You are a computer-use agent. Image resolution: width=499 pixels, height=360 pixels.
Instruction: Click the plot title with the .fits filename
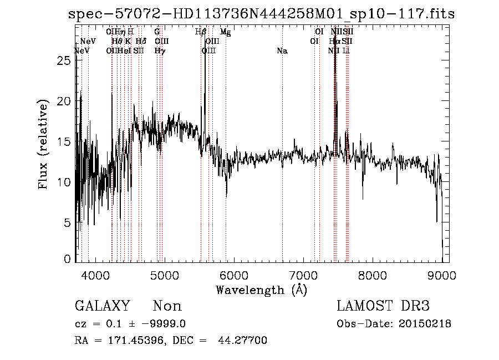[261, 14]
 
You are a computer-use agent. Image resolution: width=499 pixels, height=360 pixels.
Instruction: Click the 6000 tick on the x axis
[233, 275]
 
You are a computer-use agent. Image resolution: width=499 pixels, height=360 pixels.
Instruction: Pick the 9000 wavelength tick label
[441, 275]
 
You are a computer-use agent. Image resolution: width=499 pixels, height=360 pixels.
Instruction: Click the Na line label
[282, 51]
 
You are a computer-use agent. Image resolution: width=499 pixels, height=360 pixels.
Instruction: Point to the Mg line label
[225, 32]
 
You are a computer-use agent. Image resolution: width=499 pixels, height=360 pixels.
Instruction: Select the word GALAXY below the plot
[103, 306]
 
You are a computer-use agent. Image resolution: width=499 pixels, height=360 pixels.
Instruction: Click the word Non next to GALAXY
[167, 306]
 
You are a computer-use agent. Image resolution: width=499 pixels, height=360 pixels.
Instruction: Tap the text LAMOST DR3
[383, 306]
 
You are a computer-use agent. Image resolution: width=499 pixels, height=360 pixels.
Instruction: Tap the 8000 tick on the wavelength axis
[372, 275]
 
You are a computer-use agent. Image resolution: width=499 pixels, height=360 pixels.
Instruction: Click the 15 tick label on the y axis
[65, 141]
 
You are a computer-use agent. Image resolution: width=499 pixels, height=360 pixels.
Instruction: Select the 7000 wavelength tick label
[303, 275]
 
